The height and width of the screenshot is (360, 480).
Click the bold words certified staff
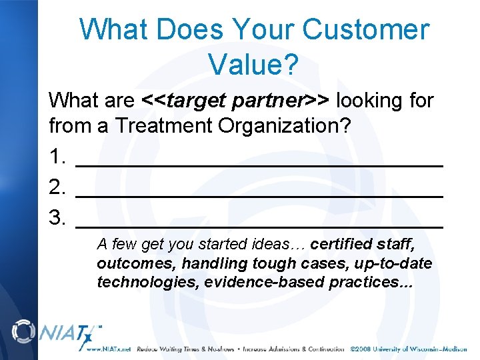click(x=363, y=243)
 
